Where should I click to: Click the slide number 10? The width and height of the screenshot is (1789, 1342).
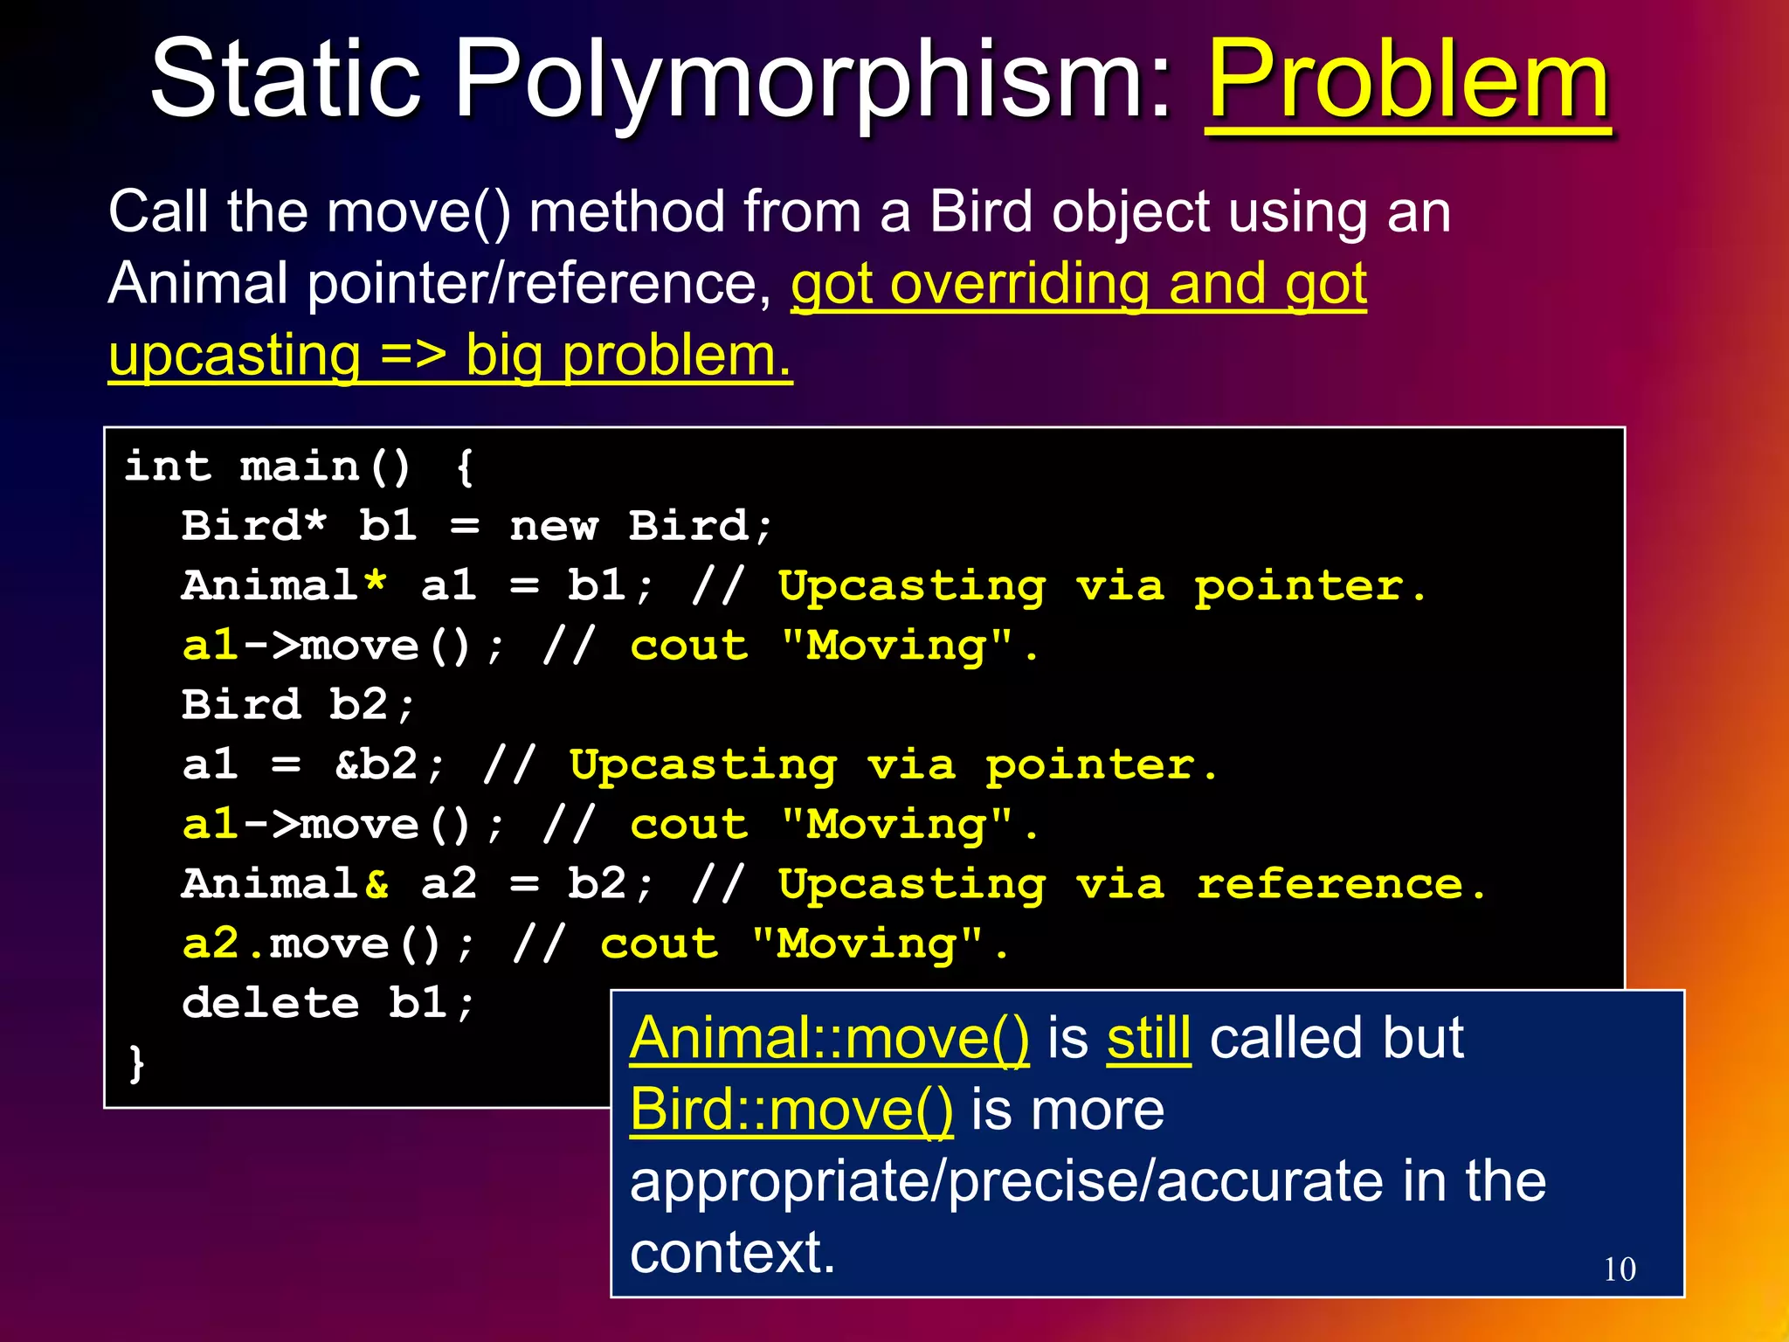(1620, 1269)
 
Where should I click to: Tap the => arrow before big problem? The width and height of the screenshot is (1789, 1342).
(412, 356)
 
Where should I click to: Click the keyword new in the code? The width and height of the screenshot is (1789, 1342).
(554, 526)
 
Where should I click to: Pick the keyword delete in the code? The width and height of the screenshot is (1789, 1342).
(270, 1003)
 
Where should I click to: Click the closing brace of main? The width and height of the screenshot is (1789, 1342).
(136, 1062)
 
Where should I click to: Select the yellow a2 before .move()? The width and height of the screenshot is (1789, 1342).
(210, 944)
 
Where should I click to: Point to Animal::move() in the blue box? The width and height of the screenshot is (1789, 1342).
(829, 1038)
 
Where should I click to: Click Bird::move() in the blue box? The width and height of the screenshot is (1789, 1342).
(791, 1110)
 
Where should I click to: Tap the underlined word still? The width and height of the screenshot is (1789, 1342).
(1149, 1038)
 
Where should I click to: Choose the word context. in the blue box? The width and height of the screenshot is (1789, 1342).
(733, 1253)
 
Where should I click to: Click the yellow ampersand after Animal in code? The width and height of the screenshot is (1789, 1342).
(376, 884)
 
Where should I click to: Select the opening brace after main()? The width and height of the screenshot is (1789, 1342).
(465, 467)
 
